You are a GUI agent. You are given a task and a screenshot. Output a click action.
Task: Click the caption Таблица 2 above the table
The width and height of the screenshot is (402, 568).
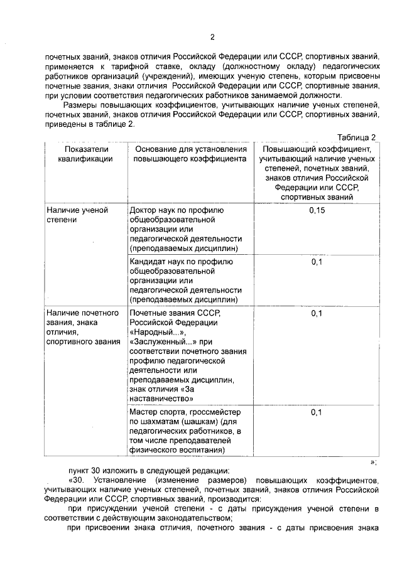[x=356, y=137]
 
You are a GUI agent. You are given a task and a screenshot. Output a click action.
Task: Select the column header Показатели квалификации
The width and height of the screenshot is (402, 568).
[x=85, y=154]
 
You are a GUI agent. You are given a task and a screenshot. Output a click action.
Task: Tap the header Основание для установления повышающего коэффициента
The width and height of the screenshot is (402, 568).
[x=189, y=154]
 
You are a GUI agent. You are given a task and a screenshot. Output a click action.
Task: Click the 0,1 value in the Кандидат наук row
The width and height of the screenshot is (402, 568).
[x=317, y=262]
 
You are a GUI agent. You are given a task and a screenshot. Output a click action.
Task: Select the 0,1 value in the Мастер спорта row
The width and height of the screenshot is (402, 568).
[x=317, y=412]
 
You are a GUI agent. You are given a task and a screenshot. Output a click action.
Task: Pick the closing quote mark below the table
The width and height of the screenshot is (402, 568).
[x=373, y=462]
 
